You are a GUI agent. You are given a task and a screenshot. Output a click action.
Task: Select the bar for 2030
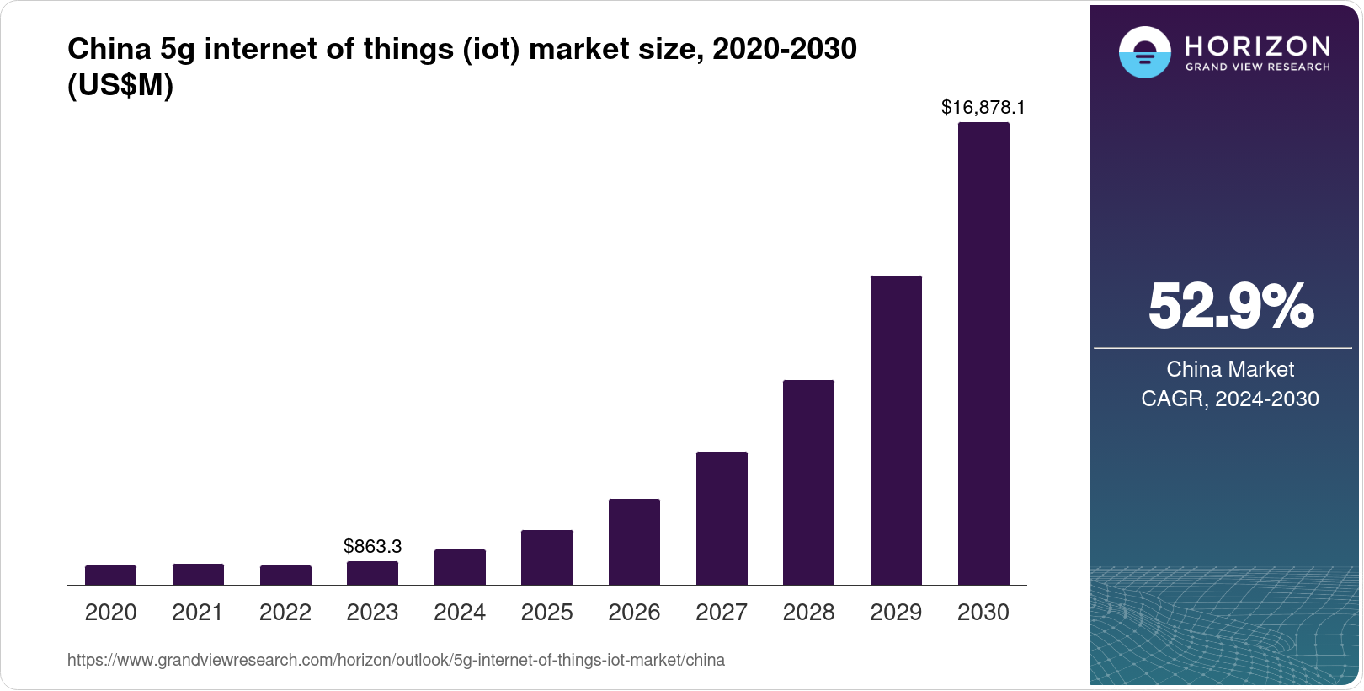[x=983, y=354]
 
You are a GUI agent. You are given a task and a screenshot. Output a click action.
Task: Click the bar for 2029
[x=896, y=430]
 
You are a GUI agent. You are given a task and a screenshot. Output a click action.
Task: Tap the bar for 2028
[x=808, y=482]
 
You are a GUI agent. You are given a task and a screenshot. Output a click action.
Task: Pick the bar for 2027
[x=722, y=518]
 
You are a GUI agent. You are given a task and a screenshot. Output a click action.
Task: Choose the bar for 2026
[x=634, y=542]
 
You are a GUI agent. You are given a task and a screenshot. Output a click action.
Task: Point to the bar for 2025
[x=547, y=557]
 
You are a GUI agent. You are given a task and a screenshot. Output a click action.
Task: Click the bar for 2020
[x=110, y=575]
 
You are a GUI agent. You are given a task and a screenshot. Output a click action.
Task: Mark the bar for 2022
[x=285, y=575]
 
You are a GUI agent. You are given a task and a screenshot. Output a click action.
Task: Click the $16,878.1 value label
[x=983, y=107]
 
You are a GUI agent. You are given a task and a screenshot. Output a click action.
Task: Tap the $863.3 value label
[x=372, y=546]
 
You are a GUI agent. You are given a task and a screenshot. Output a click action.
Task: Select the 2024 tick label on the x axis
[x=460, y=612]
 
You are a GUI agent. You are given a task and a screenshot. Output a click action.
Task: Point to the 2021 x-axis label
[x=198, y=612]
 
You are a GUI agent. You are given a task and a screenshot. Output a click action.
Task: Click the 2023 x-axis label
[x=372, y=612]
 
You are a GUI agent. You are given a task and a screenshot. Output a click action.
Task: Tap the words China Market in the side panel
[x=1230, y=369]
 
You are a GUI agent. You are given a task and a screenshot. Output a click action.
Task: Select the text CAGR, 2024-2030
[x=1230, y=399]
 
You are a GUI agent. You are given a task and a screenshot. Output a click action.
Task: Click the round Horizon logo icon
[x=1144, y=53]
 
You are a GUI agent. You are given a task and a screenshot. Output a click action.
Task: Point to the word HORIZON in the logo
[x=1257, y=46]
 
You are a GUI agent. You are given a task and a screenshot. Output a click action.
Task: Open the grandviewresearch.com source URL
[x=396, y=660]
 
